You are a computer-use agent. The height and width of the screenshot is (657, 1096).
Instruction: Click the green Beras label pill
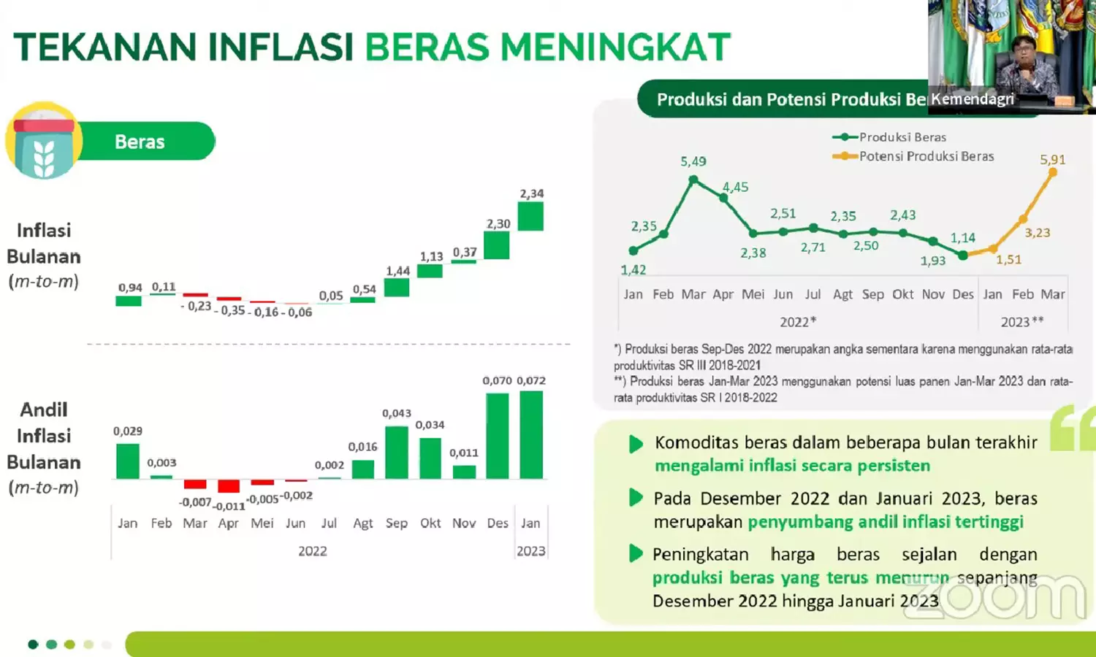[140, 142]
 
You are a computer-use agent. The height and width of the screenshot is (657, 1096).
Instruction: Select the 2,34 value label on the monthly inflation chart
[531, 193]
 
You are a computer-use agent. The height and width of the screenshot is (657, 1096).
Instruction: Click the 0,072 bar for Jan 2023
[531, 435]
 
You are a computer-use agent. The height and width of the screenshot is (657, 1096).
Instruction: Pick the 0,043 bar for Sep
[397, 453]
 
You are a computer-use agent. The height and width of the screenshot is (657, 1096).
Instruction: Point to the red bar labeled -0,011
[229, 486]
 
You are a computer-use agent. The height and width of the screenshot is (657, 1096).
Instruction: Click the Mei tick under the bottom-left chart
[262, 523]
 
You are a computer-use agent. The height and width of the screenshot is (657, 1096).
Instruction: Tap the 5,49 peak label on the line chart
[693, 161]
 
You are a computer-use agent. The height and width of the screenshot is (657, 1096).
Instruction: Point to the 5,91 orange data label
[1053, 159]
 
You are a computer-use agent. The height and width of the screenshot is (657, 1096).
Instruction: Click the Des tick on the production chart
[963, 294]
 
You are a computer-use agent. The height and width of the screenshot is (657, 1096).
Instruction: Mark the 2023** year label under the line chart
[1022, 322]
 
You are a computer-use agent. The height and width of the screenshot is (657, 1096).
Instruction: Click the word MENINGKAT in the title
[615, 47]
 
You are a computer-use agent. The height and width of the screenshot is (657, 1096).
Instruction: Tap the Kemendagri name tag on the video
[972, 99]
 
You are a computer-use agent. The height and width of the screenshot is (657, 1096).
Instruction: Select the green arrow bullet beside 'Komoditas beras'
[636, 444]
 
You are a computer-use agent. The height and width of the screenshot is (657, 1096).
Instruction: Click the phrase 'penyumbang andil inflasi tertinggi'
[886, 522]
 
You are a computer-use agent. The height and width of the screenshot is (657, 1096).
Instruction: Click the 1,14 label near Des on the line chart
[962, 238]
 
